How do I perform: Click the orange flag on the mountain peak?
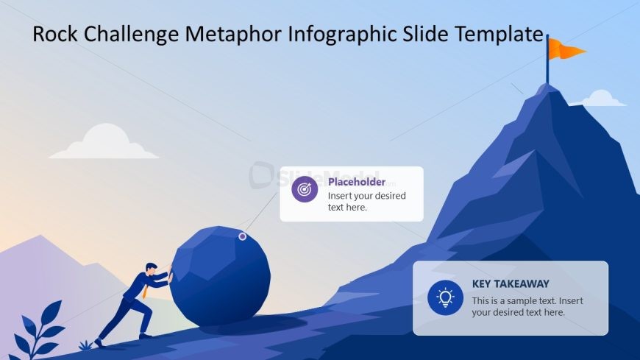(x=566, y=49)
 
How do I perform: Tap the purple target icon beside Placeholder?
(x=305, y=189)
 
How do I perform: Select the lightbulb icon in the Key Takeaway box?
(x=445, y=297)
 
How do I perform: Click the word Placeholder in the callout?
(x=357, y=182)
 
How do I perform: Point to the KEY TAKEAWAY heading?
(x=511, y=283)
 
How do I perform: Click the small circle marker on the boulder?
(x=243, y=236)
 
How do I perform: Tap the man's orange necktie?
(x=145, y=291)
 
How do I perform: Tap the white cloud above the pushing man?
(x=104, y=141)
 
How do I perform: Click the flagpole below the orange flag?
(x=547, y=59)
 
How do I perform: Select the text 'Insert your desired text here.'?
(x=367, y=202)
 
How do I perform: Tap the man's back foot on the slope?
(x=99, y=342)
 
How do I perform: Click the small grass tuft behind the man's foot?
(x=85, y=346)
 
